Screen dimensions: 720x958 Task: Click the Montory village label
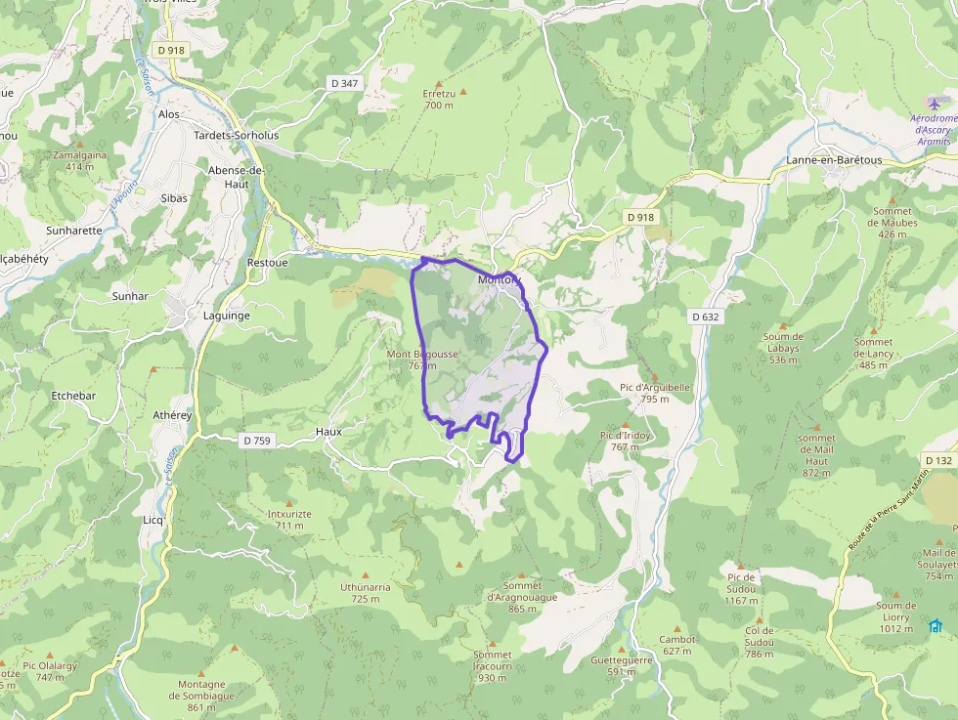499,280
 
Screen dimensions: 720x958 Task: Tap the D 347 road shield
345,83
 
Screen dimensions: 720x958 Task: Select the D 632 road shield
705,317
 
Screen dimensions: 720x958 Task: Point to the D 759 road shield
255,441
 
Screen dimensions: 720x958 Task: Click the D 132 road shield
937,460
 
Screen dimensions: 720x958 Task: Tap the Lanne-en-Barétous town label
834,160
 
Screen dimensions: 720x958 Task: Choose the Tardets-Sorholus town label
237,136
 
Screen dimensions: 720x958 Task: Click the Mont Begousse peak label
422,354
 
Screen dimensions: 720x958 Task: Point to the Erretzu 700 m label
439,99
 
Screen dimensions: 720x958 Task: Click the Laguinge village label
226,316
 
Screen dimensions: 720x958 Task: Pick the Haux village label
327,431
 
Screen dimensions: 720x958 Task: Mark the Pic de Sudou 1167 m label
742,582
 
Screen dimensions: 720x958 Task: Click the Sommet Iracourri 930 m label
492,666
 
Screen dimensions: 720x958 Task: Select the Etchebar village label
73,396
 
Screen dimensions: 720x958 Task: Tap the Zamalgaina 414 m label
80,160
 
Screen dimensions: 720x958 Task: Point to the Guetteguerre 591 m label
621,665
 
